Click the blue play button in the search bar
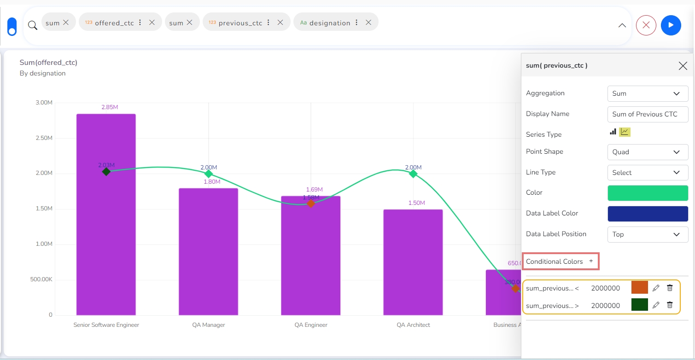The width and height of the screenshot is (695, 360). [x=671, y=25]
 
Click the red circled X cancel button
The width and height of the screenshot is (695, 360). [x=646, y=25]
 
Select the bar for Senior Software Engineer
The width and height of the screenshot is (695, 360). [x=106, y=239]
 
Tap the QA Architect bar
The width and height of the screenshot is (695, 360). [x=413, y=262]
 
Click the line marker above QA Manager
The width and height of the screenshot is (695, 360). [x=209, y=174]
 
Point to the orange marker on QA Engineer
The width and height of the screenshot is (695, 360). [x=311, y=203]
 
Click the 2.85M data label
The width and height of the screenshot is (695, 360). [x=110, y=107]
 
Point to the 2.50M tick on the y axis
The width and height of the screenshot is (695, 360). [x=44, y=138]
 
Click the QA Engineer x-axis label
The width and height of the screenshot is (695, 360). [x=311, y=325]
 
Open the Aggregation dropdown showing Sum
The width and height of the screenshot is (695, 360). [x=647, y=93]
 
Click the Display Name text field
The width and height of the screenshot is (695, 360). [x=647, y=114]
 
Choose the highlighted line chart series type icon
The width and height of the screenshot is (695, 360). [x=625, y=132]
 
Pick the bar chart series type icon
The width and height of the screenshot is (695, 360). [x=613, y=132]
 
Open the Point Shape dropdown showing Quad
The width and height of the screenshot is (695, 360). [x=647, y=152]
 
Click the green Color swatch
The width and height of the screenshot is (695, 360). [x=647, y=193]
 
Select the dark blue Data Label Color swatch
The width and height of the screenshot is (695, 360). [x=647, y=214]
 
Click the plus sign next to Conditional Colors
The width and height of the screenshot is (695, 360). [x=591, y=261]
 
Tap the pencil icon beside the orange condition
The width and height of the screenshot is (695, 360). [x=656, y=288]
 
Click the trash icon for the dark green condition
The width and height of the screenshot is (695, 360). [x=670, y=305]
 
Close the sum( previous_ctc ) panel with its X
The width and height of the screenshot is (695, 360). [x=683, y=66]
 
